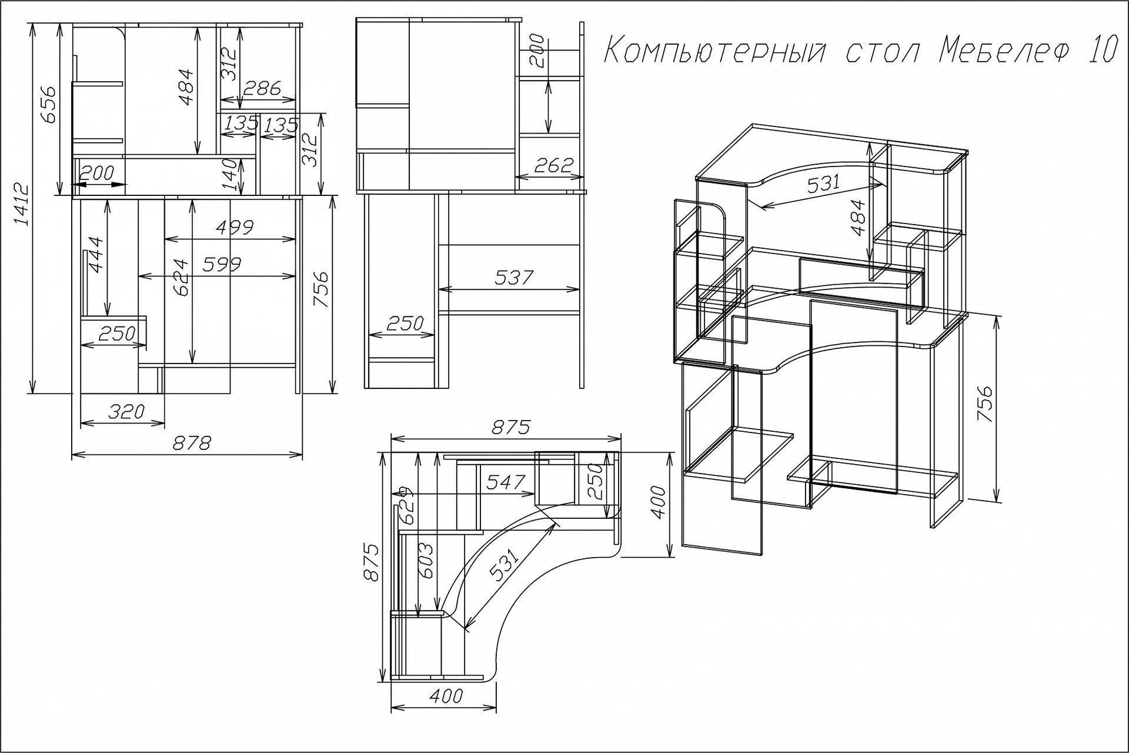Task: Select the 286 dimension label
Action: point(262,88)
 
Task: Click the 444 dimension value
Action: point(96,254)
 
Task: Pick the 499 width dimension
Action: point(235,228)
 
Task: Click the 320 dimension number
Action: point(126,411)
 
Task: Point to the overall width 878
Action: point(192,443)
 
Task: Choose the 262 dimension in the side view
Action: point(553,166)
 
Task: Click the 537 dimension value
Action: point(513,277)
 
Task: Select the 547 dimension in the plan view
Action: point(506,482)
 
